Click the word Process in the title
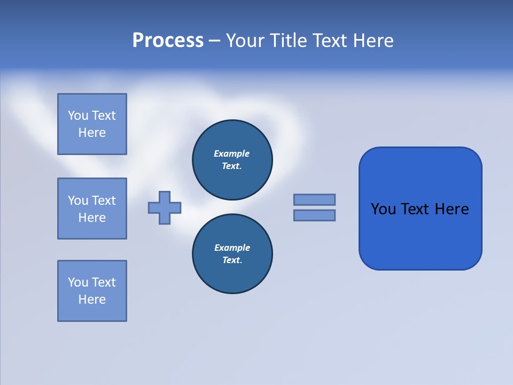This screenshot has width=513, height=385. click(168, 41)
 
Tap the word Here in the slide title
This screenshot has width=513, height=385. click(372, 41)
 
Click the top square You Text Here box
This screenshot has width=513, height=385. click(92, 124)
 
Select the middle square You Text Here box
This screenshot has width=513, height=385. click(92, 209)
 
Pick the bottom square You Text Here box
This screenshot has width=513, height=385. click(92, 291)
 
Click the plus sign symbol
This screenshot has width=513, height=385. click(165, 207)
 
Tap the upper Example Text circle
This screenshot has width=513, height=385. click(232, 160)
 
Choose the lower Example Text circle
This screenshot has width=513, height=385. click(232, 254)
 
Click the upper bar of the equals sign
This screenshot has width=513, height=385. click(314, 199)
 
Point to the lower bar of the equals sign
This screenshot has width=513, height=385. click(314, 215)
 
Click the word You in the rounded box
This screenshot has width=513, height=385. click(383, 209)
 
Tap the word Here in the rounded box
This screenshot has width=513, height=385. click(452, 209)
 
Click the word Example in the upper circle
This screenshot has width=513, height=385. click(231, 153)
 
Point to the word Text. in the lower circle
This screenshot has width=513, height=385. click(232, 260)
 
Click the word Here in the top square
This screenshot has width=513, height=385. click(92, 133)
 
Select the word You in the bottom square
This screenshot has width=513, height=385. click(78, 282)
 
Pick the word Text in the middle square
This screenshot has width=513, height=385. click(104, 201)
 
